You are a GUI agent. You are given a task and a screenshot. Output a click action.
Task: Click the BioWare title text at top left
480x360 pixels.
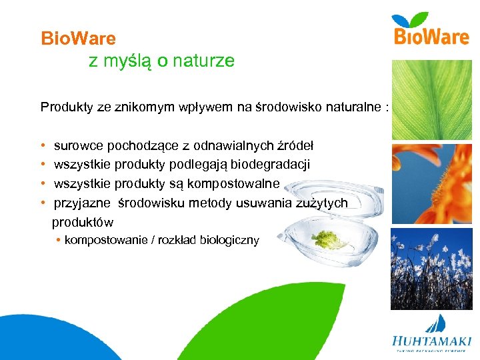pyautogui.click(x=78, y=39)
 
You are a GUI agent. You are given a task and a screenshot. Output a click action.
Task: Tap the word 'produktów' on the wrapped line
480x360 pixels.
pyautogui.click(x=83, y=222)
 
